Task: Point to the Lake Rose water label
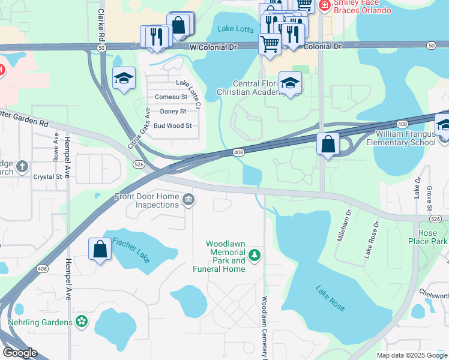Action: pos(330,298)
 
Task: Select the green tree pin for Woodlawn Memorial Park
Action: pos(255,256)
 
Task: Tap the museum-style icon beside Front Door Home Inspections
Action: pos(188,200)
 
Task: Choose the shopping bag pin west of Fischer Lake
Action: pos(100,249)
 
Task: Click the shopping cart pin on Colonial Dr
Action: pos(270,44)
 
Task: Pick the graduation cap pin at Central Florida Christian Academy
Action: pos(290,83)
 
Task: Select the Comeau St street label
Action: pos(171,97)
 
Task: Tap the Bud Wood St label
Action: pos(172,126)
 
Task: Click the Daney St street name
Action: pos(173,111)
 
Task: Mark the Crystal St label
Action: pos(47,177)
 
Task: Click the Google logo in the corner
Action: pos(19,353)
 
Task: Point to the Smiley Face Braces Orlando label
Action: pos(362,7)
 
